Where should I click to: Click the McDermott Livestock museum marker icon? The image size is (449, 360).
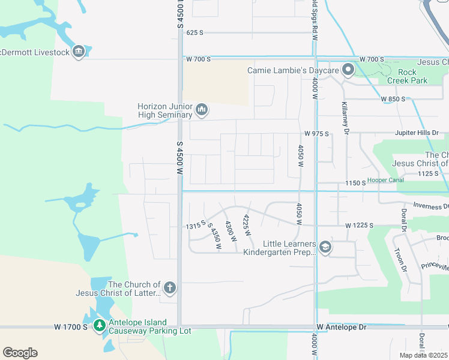tap(79, 52)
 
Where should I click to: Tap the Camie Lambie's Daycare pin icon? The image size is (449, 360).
tap(348, 71)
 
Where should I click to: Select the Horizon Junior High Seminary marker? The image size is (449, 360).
tap(202, 111)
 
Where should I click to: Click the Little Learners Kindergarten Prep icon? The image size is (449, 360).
tap(325, 248)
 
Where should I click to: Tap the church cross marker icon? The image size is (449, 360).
tap(170, 289)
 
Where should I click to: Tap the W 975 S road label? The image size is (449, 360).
tap(316, 133)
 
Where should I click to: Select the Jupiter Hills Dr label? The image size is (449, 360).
tap(417, 133)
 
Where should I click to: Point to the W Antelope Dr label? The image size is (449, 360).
tap(342, 327)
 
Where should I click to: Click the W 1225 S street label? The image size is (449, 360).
tap(359, 225)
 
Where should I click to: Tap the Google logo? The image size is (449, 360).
tap(20, 353)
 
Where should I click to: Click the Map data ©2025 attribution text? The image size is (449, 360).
tap(423, 355)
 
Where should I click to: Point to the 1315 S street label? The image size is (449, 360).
tap(196, 225)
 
